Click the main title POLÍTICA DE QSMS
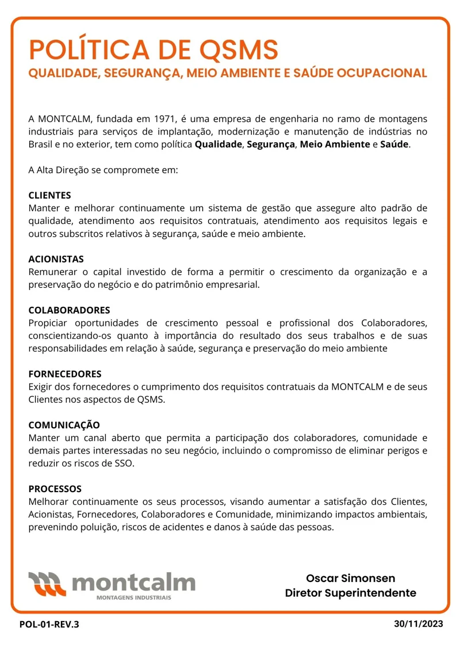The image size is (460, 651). pos(154,50)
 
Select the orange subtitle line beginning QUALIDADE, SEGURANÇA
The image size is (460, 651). pos(228,74)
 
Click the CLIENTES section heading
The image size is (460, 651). pos(50,195)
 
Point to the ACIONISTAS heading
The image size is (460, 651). pos(56,259)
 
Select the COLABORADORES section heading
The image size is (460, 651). pos(69,310)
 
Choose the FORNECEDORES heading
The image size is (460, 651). pos(65,374)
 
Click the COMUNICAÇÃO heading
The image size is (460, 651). pos(64,425)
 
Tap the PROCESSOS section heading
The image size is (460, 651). pos(55,489)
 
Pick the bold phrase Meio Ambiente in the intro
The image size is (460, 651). pos(335,144)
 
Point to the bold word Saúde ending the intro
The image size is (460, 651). pos(394,144)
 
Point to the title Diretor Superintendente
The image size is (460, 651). pos(350,593)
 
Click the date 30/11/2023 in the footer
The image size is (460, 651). pos(419,624)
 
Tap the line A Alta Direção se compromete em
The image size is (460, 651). pos(103,170)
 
